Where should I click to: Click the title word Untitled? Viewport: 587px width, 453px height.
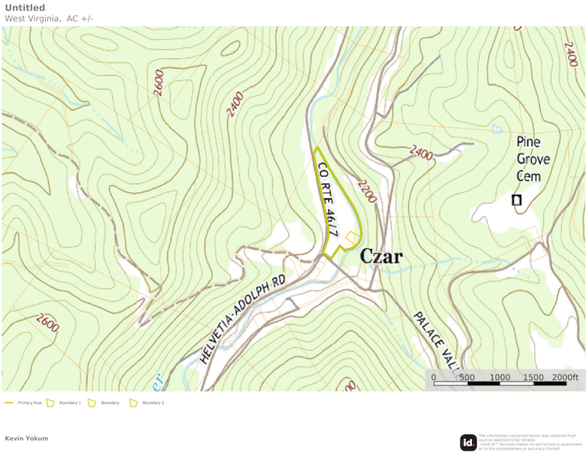(25, 8)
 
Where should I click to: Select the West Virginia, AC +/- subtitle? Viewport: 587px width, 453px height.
(49, 18)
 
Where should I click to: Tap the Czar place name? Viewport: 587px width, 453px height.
(381, 257)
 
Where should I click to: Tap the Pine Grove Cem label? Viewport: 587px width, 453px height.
(533, 158)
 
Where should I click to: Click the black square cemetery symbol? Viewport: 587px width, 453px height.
(517, 200)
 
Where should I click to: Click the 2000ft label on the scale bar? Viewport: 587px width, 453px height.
(564, 377)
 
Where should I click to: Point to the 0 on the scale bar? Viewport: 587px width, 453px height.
(434, 377)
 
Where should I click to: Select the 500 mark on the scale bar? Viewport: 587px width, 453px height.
(467, 377)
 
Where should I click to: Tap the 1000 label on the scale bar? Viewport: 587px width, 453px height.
(500, 377)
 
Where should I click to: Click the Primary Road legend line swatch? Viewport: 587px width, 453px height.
(9, 402)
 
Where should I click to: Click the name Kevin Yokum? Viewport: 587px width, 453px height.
(26, 438)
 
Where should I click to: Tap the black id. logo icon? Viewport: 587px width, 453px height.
(468, 442)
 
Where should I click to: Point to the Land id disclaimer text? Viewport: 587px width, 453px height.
(530, 441)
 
